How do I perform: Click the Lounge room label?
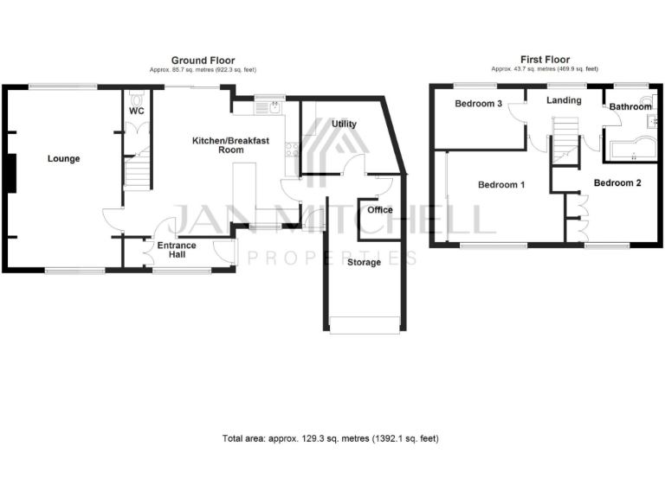tap(64, 159)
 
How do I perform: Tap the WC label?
tap(136, 112)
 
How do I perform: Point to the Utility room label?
tap(344, 124)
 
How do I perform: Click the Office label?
tap(380, 210)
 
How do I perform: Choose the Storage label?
tap(363, 262)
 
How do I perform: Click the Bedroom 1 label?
tap(502, 185)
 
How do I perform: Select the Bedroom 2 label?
tap(617, 183)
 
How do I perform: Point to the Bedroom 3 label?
tap(479, 104)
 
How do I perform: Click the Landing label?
tap(564, 101)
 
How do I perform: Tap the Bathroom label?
tap(629, 107)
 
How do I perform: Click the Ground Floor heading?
tap(203, 60)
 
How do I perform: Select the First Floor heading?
tap(544, 60)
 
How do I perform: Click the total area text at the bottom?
tap(330, 439)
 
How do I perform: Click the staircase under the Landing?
tap(565, 138)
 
